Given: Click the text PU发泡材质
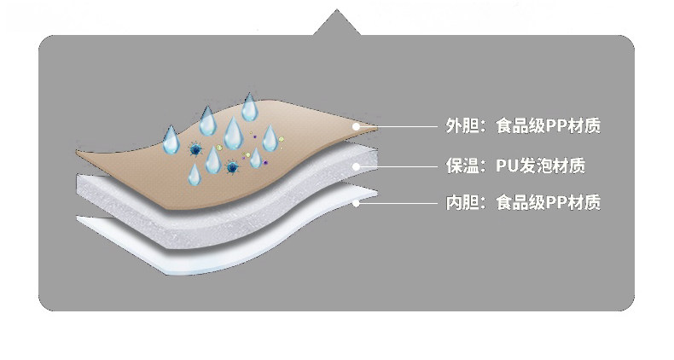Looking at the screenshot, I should [x=540, y=165].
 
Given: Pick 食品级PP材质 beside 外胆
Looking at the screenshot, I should [x=548, y=126].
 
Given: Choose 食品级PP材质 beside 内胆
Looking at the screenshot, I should [x=548, y=203].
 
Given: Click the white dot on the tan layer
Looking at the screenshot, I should [x=357, y=126].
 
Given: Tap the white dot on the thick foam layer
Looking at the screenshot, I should [x=357, y=165].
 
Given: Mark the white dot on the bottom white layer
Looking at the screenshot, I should [x=357, y=203].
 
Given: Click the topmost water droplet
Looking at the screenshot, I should [x=249, y=107].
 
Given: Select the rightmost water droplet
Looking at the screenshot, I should [x=270, y=138].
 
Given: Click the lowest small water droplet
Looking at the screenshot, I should [x=195, y=174].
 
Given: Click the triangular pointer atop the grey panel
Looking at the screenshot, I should [x=337, y=23].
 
